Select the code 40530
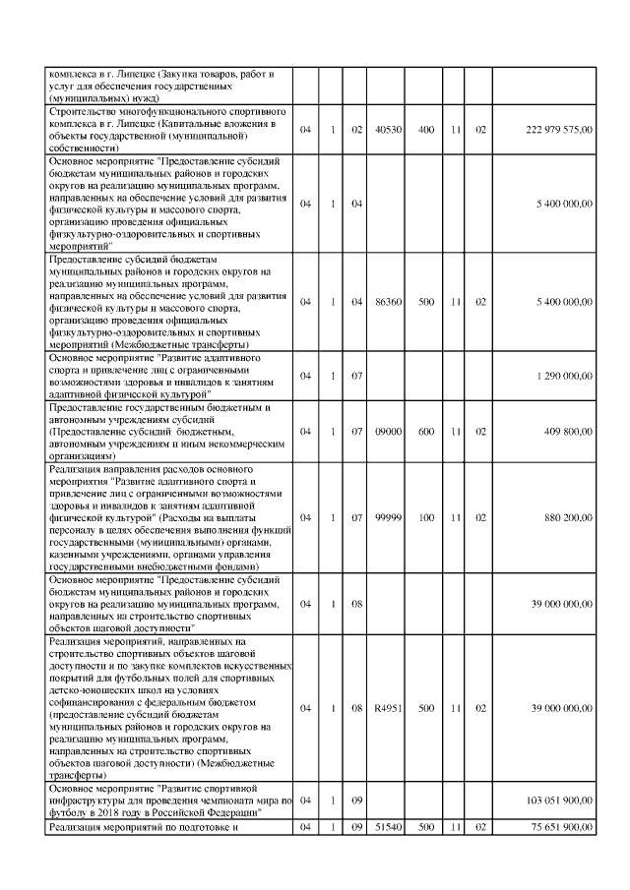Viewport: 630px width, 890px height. [x=388, y=130]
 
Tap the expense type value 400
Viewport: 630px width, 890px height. [x=426, y=130]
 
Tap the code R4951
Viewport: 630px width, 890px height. [x=388, y=707]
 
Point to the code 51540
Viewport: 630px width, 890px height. [x=388, y=827]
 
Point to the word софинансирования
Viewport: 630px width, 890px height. [x=94, y=703]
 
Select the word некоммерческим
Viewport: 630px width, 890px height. [x=241, y=443]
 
